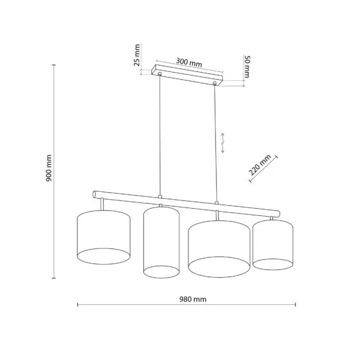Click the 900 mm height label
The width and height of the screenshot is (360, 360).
coord(49,168)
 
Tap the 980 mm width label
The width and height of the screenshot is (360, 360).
coord(193,299)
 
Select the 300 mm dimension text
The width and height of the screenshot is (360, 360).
coord(189,62)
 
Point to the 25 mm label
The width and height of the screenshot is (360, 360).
coord(137,55)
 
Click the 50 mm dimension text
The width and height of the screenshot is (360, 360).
coord(247,67)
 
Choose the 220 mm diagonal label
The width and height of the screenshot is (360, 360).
coord(260,164)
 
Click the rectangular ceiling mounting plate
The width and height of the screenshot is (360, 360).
coord(187,75)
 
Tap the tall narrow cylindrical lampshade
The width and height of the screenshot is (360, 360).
coord(161,242)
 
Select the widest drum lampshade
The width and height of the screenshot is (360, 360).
coord(219,249)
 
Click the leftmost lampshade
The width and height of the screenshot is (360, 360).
coord(104,237)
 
